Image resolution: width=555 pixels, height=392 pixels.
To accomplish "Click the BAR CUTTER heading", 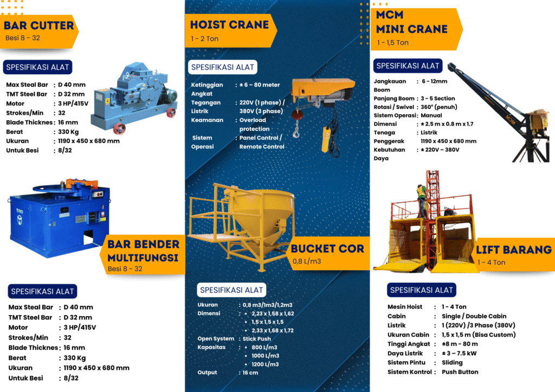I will tap(38, 25).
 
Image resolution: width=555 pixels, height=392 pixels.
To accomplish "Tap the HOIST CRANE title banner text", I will tap(229, 24).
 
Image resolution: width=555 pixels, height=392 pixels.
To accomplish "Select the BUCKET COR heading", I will tap(327, 249).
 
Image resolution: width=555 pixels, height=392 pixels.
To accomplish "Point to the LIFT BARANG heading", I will tap(513, 250).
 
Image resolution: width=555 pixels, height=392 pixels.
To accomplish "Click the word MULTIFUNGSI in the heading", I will tap(143, 257).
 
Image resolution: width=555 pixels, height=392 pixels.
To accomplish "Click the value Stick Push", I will tap(257, 338).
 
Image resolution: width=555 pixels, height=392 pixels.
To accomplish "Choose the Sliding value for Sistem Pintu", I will tap(452, 362).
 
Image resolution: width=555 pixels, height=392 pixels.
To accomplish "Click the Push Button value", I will tap(460, 371).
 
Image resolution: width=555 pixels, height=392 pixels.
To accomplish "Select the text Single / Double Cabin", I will tap(474, 316).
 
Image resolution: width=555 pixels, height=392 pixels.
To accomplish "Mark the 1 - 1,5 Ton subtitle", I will tap(393, 42).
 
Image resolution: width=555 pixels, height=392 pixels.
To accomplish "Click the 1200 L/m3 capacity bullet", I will tap(265, 364).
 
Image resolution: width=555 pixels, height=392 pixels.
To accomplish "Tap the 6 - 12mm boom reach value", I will tap(435, 81).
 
